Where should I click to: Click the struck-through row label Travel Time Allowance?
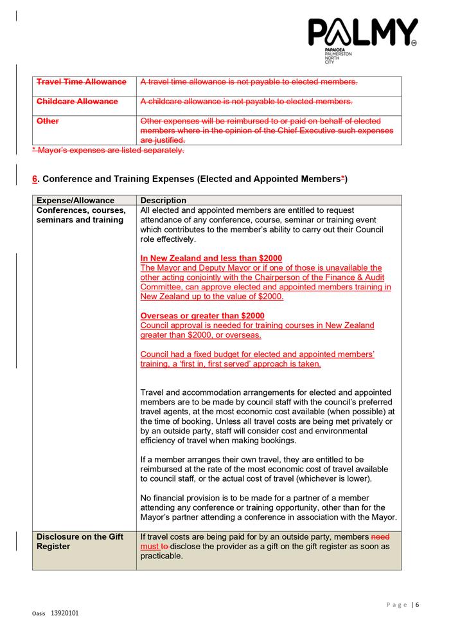click(81, 82)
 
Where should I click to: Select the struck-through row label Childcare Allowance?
click(77, 102)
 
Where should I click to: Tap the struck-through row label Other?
click(48, 121)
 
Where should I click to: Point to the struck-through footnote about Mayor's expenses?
click(108, 150)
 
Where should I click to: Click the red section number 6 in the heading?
click(35, 178)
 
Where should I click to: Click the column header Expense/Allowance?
click(75, 200)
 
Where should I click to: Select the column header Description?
click(163, 200)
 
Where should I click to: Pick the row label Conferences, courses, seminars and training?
click(81, 215)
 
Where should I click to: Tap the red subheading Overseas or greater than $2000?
click(202, 316)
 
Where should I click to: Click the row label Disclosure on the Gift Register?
click(78, 542)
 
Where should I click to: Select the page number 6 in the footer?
click(418, 605)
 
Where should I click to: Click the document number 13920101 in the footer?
click(64, 614)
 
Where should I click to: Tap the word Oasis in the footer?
click(39, 614)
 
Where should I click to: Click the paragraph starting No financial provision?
click(269, 507)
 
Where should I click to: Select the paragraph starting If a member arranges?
click(263, 469)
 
